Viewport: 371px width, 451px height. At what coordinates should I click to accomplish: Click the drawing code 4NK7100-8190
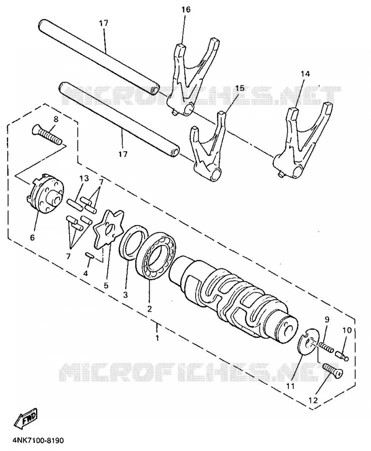[38, 441]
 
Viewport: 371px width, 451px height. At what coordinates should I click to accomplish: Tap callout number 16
[186, 10]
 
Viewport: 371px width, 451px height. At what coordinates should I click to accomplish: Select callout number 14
[305, 74]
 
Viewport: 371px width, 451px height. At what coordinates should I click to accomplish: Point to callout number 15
[239, 88]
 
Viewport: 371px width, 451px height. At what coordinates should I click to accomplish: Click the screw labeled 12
[333, 371]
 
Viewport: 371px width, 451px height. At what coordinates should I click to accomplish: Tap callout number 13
[84, 178]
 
